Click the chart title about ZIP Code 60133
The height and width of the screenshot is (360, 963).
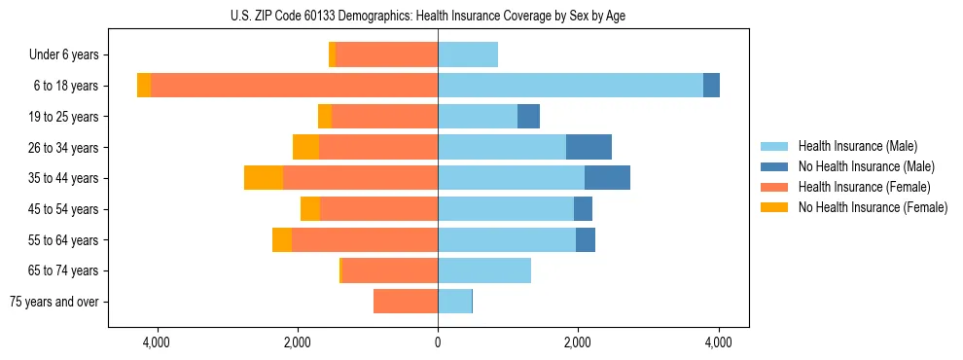click(x=428, y=16)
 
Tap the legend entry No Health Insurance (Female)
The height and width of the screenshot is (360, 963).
click(x=873, y=207)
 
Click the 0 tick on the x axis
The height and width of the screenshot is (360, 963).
click(x=438, y=343)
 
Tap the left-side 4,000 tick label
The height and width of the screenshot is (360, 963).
click(x=157, y=343)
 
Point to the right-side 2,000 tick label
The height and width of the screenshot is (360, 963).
click(x=578, y=343)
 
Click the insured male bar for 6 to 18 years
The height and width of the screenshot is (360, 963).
click(x=570, y=86)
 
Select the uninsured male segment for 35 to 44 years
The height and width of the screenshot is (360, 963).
click(x=607, y=178)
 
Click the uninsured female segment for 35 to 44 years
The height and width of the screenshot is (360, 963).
click(x=264, y=178)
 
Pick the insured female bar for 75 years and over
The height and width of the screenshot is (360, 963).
click(x=406, y=302)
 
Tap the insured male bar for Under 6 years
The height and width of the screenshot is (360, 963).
click(x=468, y=55)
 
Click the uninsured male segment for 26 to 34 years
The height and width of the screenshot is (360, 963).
click(x=588, y=147)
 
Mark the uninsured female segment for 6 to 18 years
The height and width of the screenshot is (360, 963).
click(x=144, y=86)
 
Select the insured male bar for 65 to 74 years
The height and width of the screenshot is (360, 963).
click(x=484, y=270)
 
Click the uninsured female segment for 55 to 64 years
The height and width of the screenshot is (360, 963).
click(x=282, y=239)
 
